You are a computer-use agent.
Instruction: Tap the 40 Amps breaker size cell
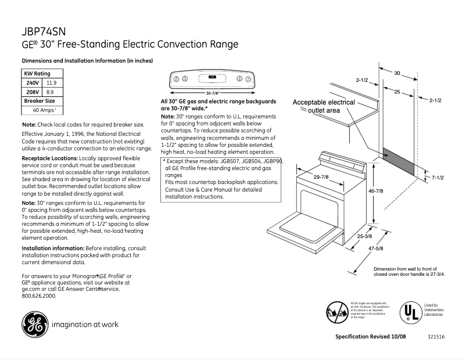pyautogui.click(x=44, y=110)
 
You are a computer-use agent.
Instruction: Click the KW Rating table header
pyautogui.click(x=37, y=74)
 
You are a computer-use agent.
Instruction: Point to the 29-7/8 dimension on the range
pyautogui.click(x=321, y=177)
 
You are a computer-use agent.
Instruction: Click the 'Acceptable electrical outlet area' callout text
pyautogui.click(x=324, y=106)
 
